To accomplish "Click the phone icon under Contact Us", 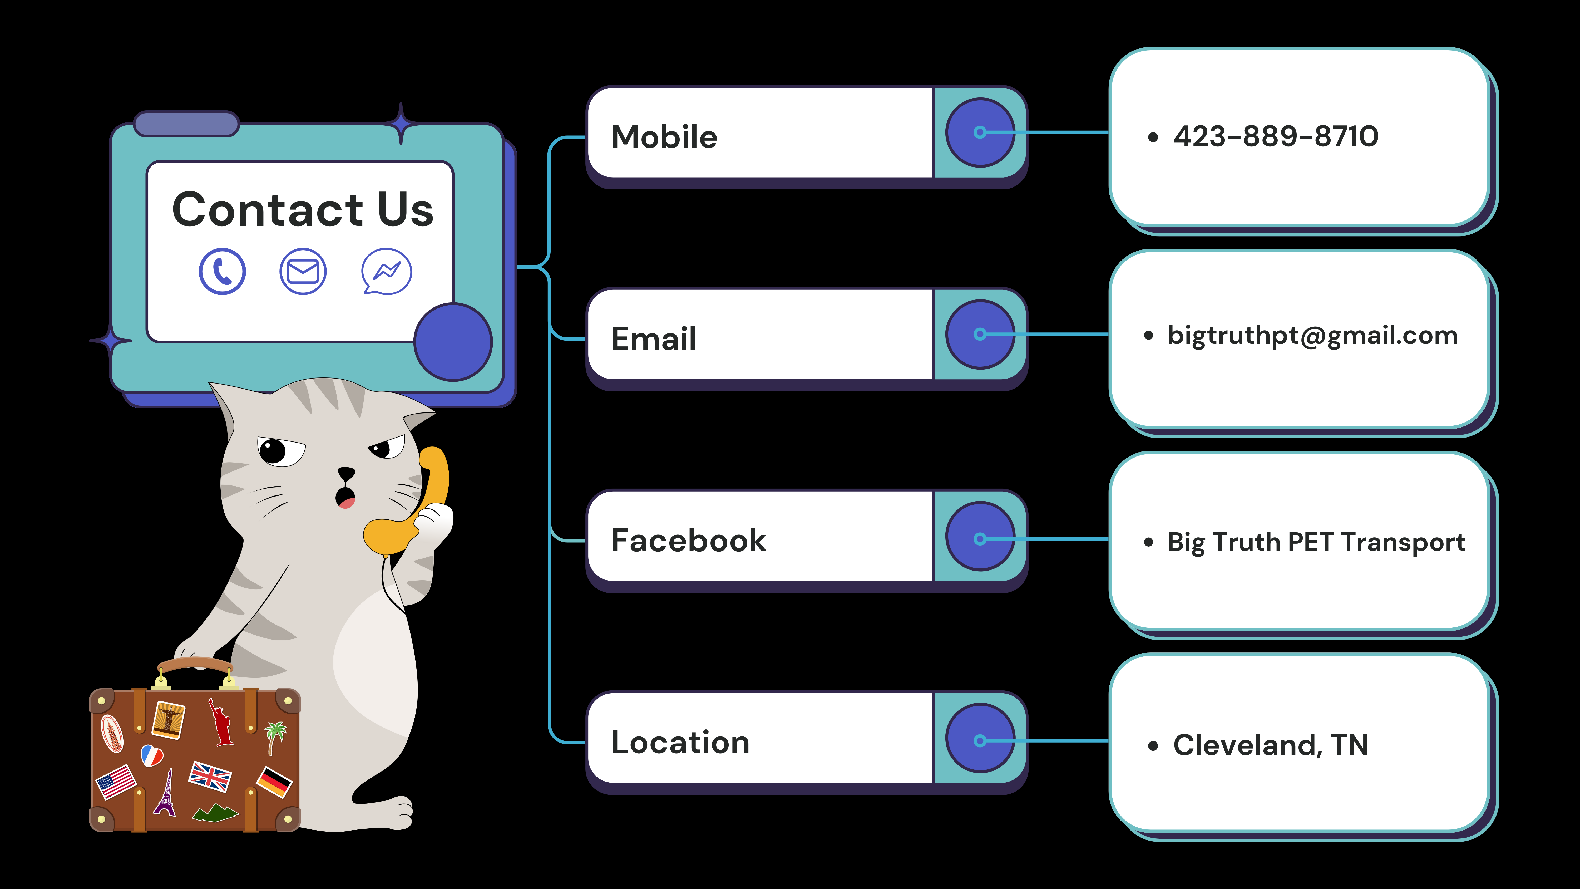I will pyautogui.click(x=222, y=271).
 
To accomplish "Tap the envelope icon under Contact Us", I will pyautogui.click(x=303, y=271).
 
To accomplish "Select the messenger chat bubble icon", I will pyautogui.click(x=386, y=271).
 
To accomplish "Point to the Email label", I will pyautogui.click(x=654, y=339).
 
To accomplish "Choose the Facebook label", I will pyautogui.click(x=688, y=541).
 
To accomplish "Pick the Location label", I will pyautogui.click(x=680, y=742).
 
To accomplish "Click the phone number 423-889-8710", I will pyautogui.click(x=1276, y=136).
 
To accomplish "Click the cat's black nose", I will pyautogui.click(x=347, y=473).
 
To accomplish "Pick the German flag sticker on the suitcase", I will pyautogui.click(x=274, y=782).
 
